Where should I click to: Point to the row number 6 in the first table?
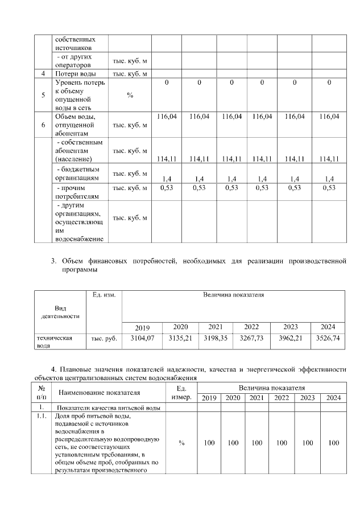43,125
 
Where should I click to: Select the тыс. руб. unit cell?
104,338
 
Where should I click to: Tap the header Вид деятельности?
60,311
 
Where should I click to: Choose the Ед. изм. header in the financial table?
104,295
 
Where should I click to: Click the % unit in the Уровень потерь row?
130,95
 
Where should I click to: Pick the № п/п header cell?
42,392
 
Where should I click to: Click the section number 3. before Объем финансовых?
54,262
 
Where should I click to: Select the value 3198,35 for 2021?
216,338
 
